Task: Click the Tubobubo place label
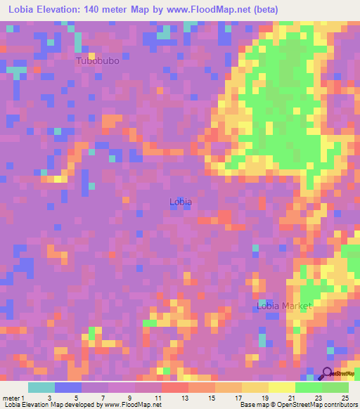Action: (x=98, y=61)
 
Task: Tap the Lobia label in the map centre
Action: (x=181, y=202)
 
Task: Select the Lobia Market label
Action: (x=283, y=306)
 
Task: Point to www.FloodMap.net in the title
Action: (x=212, y=10)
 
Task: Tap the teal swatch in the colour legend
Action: (x=41, y=388)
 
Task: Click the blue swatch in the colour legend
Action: (x=68, y=388)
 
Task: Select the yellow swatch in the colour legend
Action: (x=281, y=388)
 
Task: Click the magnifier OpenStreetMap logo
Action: (x=328, y=374)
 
